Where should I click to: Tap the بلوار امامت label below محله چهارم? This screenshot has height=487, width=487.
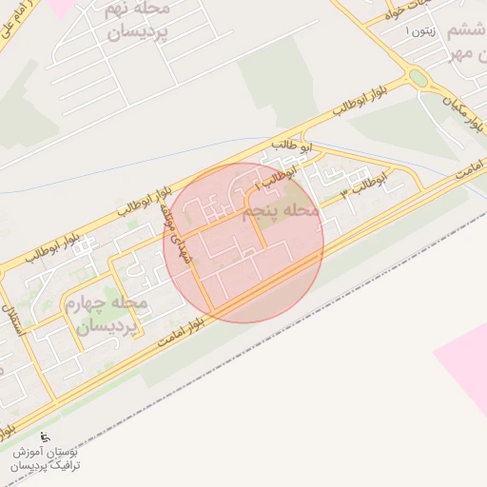point(157,338)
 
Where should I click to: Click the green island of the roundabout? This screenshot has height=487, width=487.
point(418,78)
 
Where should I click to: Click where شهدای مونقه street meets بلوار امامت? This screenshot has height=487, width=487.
point(210,313)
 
